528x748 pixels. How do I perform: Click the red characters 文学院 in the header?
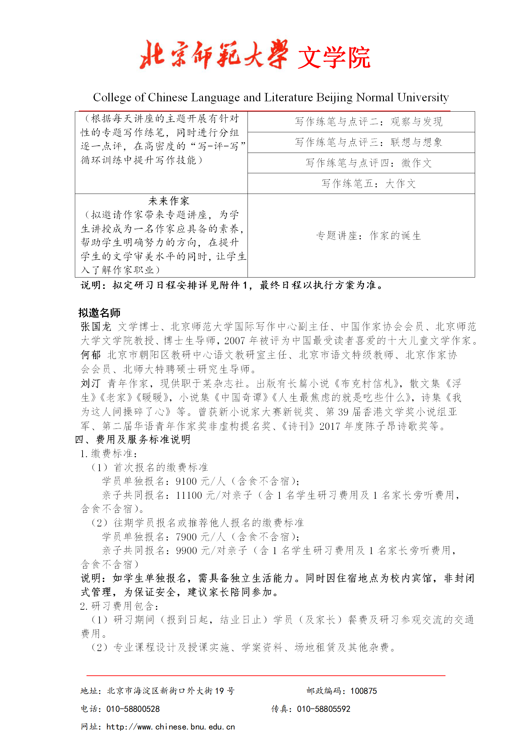[x=334, y=58]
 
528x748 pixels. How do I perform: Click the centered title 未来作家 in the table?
[x=169, y=201]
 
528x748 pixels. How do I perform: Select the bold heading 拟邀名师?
[x=99, y=313]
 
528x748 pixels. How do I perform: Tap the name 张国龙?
[x=96, y=327]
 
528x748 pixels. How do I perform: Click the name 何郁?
[x=90, y=355]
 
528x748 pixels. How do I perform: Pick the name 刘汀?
[x=90, y=383]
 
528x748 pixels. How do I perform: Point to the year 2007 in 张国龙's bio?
[x=235, y=341]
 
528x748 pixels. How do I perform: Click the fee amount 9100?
[x=186, y=481]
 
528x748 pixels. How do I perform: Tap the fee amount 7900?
[x=186, y=537]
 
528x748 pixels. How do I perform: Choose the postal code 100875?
[x=363, y=691]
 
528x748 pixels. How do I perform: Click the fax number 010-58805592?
[x=323, y=709]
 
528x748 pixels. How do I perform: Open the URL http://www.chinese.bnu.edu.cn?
[x=170, y=727]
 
